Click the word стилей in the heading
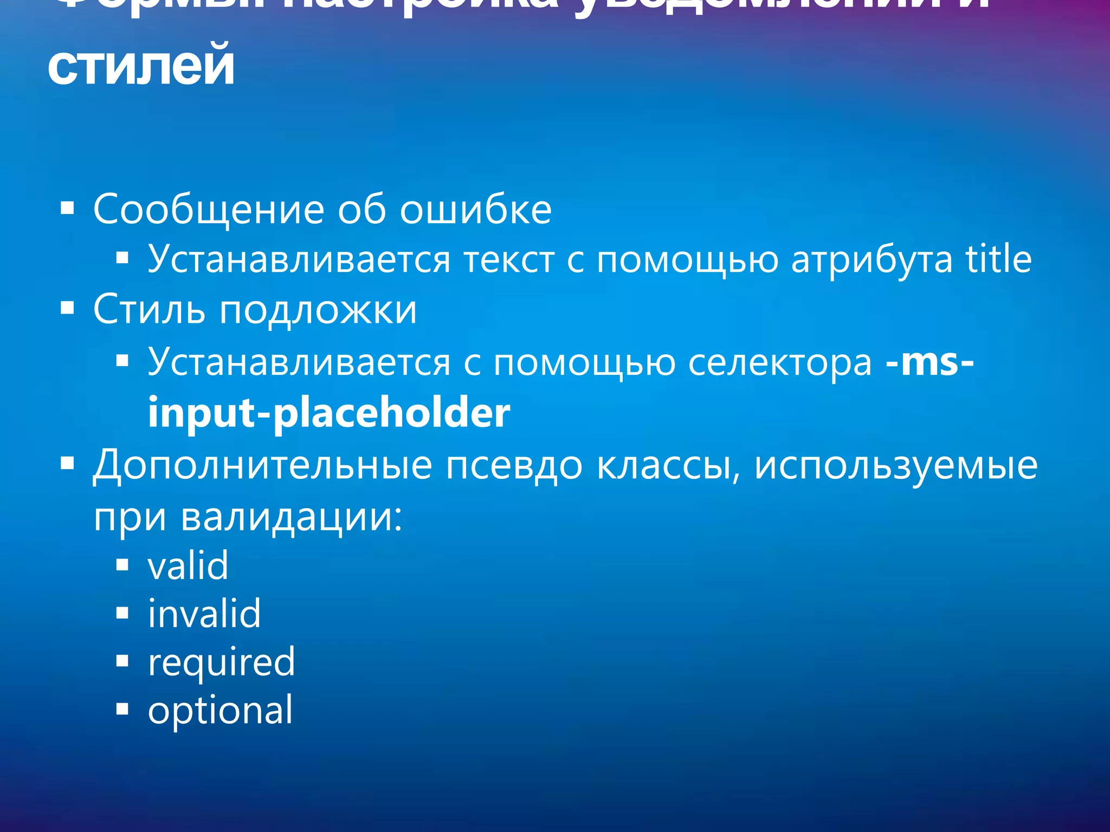pos(141,66)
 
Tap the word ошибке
pos(476,210)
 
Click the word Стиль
pos(149,310)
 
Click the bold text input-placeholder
pos(328,413)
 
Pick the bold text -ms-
pos(929,362)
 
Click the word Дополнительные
pos(262,465)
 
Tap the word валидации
pos(292,517)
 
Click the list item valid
pos(188,565)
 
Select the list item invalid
pos(204,614)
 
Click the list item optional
pos(220,711)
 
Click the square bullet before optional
pos(122,709)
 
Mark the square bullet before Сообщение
pos(67,209)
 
